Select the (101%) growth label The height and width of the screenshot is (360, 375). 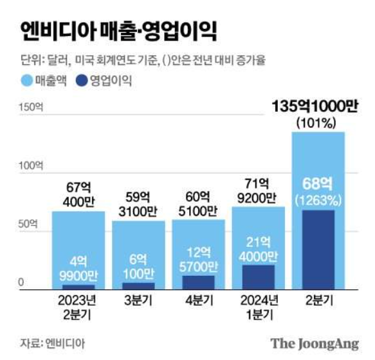click(318, 122)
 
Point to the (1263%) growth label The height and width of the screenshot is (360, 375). click(318, 200)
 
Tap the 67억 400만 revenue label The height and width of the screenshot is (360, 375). click(78, 194)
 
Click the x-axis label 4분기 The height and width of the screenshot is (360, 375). click(198, 300)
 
